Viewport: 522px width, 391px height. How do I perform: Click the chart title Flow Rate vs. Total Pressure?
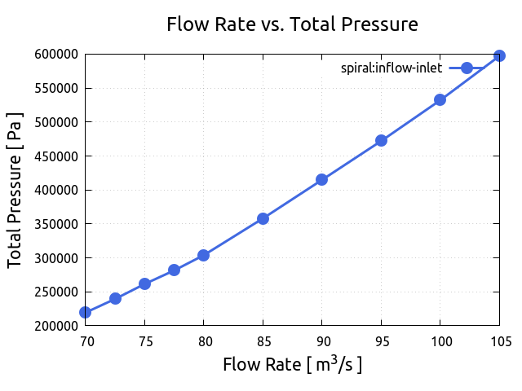(x=292, y=24)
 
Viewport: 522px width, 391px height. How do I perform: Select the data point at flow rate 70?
(x=86, y=312)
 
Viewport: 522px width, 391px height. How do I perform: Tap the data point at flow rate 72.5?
(x=115, y=298)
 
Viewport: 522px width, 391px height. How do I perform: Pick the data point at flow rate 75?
(x=144, y=283)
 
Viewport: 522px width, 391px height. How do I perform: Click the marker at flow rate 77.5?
(x=174, y=270)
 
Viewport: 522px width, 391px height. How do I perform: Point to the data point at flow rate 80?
(x=204, y=255)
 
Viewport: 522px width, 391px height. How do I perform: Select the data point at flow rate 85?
(x=263, y=218)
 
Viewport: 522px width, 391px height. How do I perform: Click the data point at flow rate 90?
(x=322, y=179)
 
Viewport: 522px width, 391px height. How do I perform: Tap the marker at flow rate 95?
(x=381, y=140)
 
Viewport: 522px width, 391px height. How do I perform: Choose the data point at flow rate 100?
(x=440, y=99)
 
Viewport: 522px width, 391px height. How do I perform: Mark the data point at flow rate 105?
(x=499, y=55)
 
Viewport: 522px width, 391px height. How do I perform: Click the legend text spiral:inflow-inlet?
(x=391, y=68)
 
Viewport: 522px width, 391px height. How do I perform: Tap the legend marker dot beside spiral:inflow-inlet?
(x=467, y=68)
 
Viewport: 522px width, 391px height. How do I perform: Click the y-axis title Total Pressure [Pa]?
(x=15, y=190)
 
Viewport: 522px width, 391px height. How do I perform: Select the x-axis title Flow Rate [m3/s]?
(x=292, y=364)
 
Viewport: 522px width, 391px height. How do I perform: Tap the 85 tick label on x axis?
(x=263, y=341)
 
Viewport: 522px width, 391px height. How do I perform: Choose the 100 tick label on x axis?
(x=440, y=341)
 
